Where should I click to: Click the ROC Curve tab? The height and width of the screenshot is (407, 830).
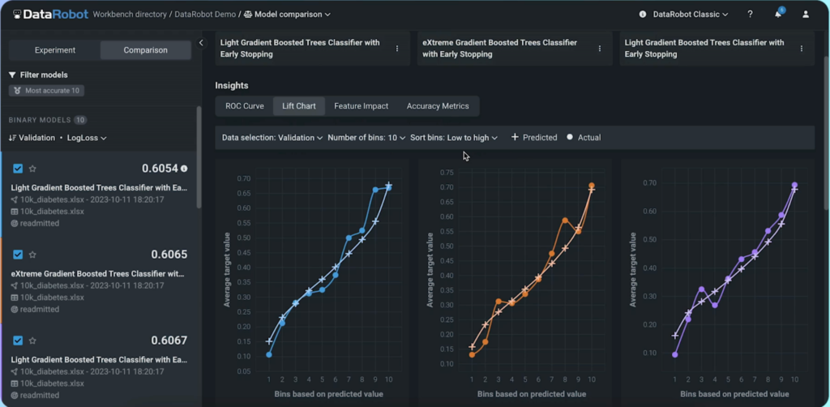(x=244, y=106)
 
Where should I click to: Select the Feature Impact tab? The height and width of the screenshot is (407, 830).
(x=361, y=106)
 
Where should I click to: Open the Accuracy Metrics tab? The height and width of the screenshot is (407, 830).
(x=438, y=106)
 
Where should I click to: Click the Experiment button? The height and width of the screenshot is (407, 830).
(x=55, y=50)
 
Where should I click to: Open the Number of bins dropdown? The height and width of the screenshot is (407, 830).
(x=366, y=138)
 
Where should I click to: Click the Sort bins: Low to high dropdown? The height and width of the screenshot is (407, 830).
(x=454, y=138)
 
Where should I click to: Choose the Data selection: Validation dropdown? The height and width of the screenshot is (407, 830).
(x=272, y=138)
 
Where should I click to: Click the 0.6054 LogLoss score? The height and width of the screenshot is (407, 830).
(x=159, y=169)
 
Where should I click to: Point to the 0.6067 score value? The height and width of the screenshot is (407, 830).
(x=169, y=341)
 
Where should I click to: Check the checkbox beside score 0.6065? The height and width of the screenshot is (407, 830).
(x=18, y=255)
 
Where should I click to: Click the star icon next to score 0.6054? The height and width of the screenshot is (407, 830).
(x=33, y=169)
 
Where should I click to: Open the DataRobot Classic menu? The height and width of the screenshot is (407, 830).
(x=689, y=15)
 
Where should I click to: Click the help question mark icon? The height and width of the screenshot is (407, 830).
(x=750, y=15)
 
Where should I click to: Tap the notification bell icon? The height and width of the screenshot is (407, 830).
(x=778, y=15)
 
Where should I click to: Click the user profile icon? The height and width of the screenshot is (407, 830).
(x=806, y=15)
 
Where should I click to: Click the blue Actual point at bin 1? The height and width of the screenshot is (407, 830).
(x=269, y=354)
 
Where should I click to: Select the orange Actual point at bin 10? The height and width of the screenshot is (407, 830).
(x=592, y=186)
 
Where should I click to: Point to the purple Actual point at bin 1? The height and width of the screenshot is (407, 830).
(x=675, y=354)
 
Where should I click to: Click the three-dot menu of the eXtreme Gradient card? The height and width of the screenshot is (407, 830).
(x=600, y=49)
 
